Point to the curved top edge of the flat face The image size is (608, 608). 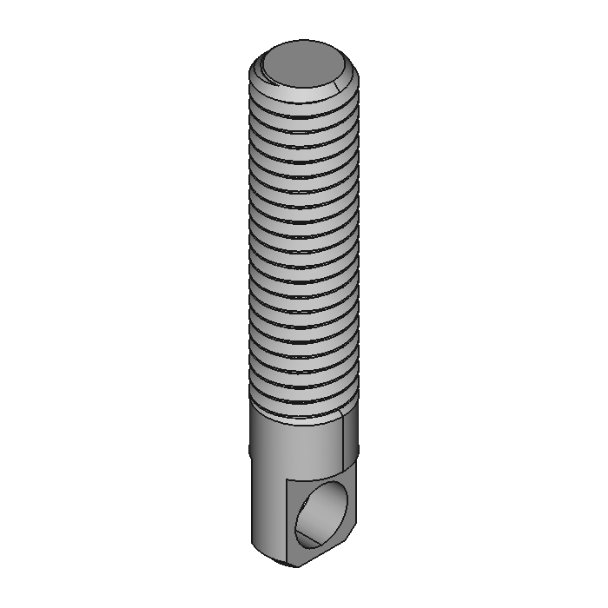[x=317, y=479]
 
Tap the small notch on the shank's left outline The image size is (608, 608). [x=251, y=450]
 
